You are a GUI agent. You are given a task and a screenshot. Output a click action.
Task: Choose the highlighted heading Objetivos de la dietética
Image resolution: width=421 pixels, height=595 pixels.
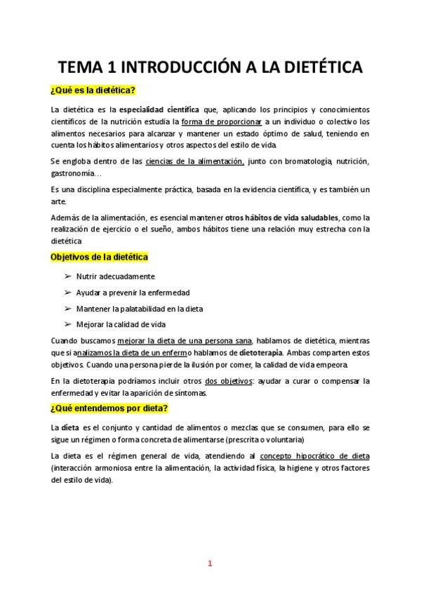point(99,258)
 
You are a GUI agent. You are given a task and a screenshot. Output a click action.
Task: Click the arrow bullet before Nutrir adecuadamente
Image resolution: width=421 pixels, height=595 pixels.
point(68,276)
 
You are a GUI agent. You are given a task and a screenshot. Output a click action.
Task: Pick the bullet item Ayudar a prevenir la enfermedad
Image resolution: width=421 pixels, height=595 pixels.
point(133,293)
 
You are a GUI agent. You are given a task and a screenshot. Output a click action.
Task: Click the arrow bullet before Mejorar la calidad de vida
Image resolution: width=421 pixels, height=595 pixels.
point(68,324)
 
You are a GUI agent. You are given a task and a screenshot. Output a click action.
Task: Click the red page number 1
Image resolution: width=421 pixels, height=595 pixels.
point(210,563)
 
